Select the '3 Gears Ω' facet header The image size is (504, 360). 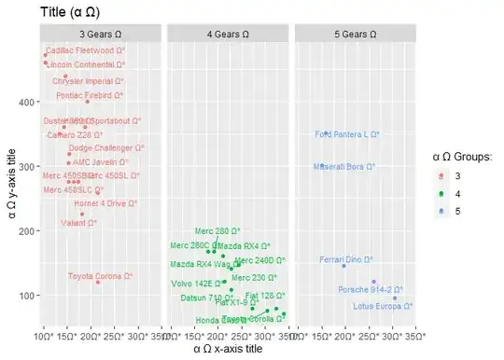pos(100,34)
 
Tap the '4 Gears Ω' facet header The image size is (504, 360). pos(228,34)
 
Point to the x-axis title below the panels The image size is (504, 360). pos(228,348)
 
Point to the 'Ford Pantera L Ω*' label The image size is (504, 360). pos(347,135)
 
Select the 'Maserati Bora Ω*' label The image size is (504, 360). pos(344,167)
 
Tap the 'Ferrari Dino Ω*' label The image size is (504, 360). pos(346,259)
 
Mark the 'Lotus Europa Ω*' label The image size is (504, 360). pos(383,305)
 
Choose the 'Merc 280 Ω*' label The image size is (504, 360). pos(217,230)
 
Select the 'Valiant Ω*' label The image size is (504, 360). pos(78,223)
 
